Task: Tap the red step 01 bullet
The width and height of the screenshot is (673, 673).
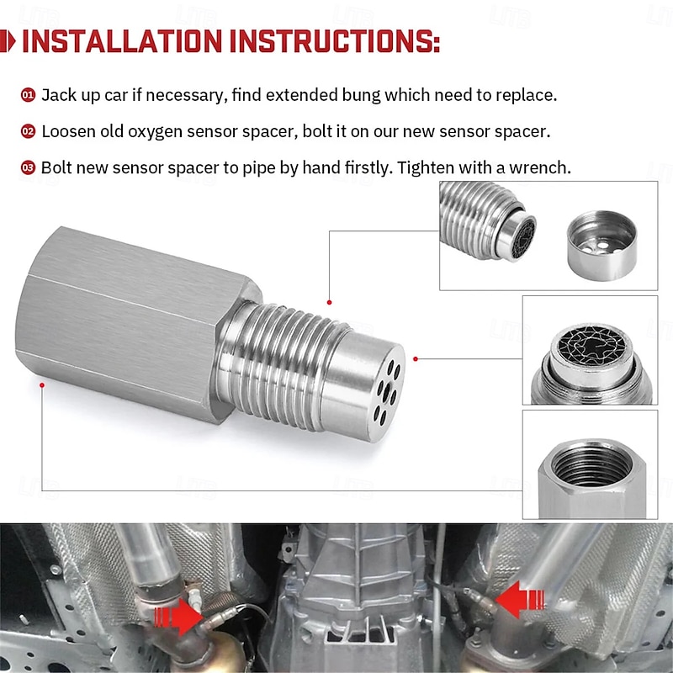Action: tap(28, 95)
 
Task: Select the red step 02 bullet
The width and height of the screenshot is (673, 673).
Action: tap(28, 131)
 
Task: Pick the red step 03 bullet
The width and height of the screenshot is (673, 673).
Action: tap(28, 167)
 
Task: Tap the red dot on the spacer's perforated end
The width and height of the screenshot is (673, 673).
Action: tap(416, 358)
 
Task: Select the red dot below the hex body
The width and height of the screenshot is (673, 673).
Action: tap(42, 385)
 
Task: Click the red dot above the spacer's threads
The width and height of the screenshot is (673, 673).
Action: tap(329, 302)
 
